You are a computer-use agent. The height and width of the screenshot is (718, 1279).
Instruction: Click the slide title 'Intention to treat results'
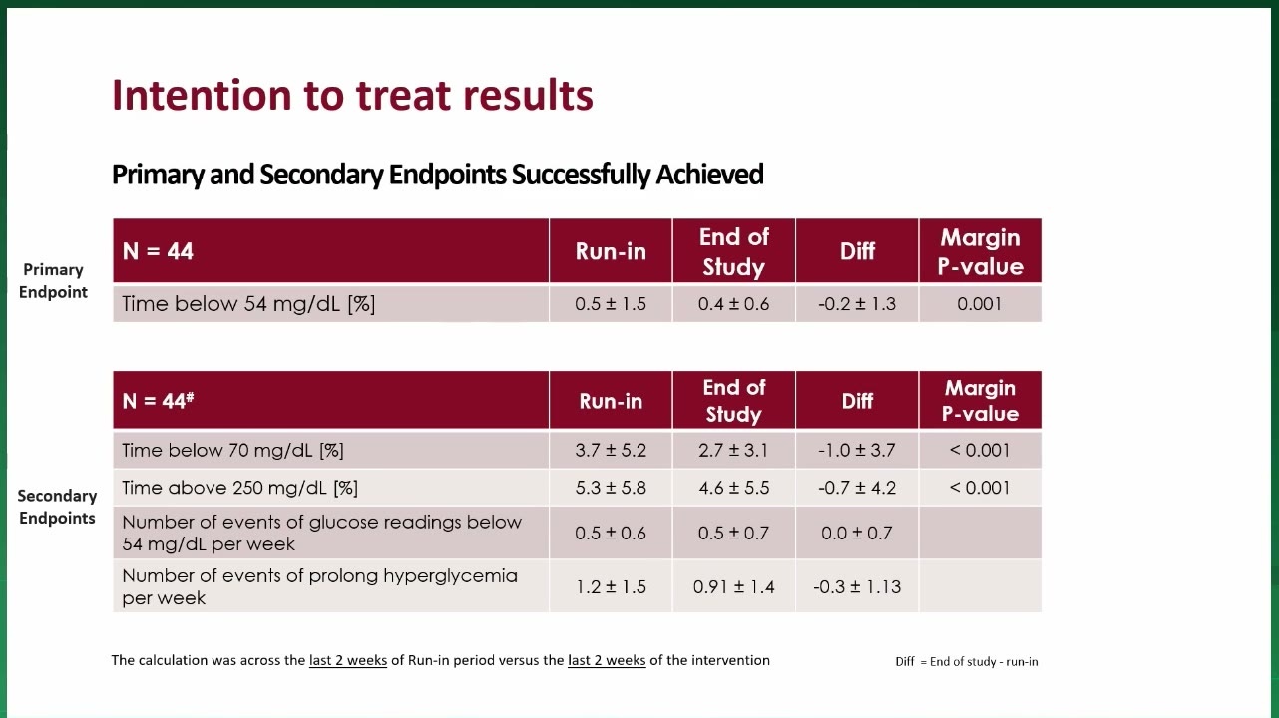[x=352, y=95]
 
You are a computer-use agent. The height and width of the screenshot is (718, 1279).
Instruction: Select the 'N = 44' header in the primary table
[x=158, y=251]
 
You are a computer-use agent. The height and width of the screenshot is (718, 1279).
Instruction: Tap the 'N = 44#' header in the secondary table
[x=158, y=400]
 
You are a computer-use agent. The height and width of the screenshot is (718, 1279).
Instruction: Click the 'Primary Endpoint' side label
[x=53, y=281]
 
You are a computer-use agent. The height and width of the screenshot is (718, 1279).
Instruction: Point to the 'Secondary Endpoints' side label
[x=57, y=507]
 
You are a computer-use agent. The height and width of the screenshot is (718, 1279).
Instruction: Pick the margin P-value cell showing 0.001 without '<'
[x=980, y=303]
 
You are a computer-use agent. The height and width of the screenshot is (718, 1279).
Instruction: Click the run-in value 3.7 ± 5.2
[x=611, y=451]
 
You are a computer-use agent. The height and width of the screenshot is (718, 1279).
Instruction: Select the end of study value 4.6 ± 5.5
[x=733, y=488]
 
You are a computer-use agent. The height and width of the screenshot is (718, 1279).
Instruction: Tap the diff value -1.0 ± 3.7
[x=856, y=451]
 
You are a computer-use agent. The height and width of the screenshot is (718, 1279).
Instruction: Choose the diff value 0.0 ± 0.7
[x=856, y=534]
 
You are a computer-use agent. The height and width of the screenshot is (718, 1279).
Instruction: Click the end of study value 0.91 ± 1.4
[x=733, y=586]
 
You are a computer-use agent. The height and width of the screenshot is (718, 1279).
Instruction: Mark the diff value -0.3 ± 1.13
[x=856, y=586]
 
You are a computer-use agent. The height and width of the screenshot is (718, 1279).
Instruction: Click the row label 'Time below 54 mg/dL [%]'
[x=248, y=303]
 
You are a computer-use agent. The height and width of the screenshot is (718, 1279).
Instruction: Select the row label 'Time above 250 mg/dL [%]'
[x=239, y=488]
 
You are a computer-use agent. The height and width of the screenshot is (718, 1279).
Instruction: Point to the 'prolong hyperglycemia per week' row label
[x=319, y=586]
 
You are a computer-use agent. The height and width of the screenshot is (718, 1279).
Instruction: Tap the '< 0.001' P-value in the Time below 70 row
[x=980, y=451]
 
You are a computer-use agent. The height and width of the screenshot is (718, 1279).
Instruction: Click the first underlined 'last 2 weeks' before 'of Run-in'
[x=348, y=660]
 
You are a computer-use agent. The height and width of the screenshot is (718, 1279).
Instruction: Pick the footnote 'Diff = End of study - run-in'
[x=966, y=662]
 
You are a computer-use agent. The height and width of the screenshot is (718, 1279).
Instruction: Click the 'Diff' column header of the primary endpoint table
[x=856, y=251]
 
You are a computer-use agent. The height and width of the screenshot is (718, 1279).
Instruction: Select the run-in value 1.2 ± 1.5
[x=611, y=586]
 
